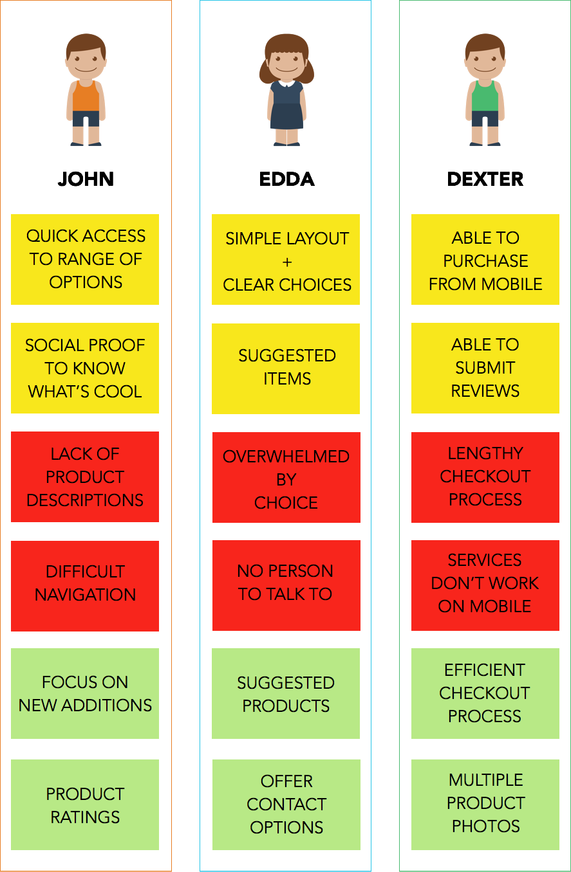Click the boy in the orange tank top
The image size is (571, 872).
(x=86, y=90)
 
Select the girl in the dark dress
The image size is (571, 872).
(x=286, y=90)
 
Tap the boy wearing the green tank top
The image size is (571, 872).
(x=485, y=90)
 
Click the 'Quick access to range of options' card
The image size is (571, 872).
(x=85, y=259)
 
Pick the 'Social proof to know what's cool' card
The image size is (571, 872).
(x=85, y=368)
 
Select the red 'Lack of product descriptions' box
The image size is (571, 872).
(x=85, y=477)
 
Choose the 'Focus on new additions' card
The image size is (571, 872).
(x=85, y=693)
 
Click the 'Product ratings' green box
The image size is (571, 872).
(x=85, y=804)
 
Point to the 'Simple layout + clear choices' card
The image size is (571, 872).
(x=286, y=259)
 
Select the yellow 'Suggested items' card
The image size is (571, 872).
(x=286, y=368)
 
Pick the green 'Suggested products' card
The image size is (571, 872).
(x=286, y=693)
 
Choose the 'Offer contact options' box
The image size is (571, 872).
(x=286, y=804)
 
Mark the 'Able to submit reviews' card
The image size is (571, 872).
(x=485, y=368)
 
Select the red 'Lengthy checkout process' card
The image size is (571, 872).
(x=485, y=477)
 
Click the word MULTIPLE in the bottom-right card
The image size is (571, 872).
(x=486, y=780)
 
